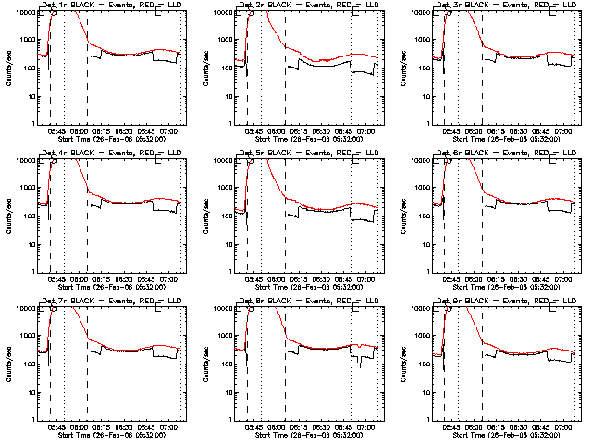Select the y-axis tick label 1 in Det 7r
(x=32, y=420)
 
